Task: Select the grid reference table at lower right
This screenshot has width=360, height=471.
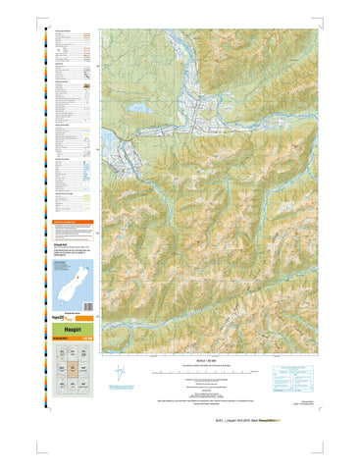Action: click(294, 375)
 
